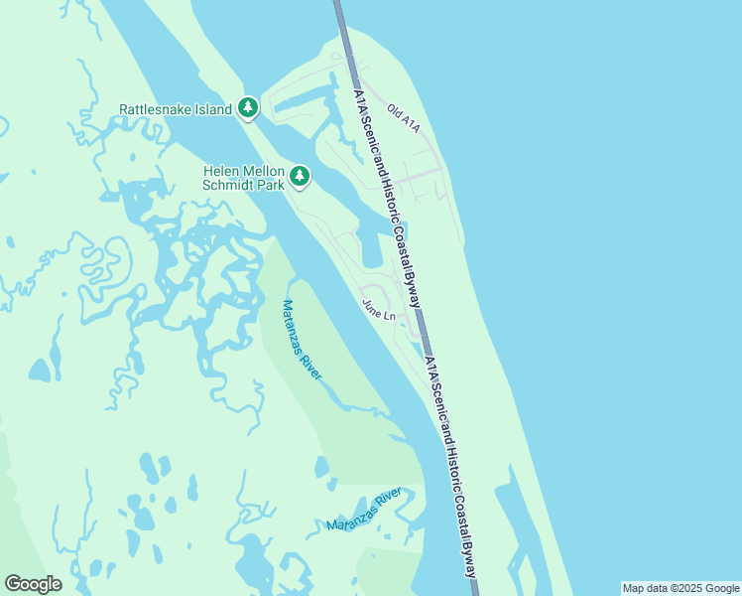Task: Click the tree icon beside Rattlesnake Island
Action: point(248,107)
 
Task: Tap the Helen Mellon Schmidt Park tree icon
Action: point(299,177)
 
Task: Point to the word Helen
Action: point(221,171)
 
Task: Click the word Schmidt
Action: point(229,185)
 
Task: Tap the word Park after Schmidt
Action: point(271,185)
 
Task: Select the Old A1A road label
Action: point(404,118)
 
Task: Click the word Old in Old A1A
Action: point(395,112)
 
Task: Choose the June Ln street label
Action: point(379,309)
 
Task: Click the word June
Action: point(373,306)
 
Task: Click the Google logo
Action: point(33,584)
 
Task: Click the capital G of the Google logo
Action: point(13,583)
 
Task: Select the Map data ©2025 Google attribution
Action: point(681,588)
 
